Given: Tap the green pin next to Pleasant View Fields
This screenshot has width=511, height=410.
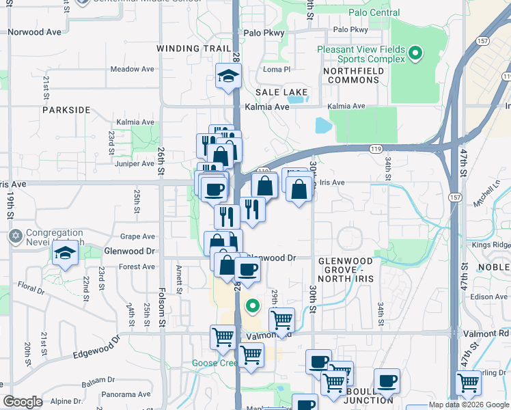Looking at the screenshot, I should (415, 53).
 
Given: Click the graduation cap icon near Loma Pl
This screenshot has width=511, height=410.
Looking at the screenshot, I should (227, 76).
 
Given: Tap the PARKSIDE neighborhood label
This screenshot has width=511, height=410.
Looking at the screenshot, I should (66, 109).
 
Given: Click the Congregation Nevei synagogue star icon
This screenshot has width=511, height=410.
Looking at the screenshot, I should (15, 237).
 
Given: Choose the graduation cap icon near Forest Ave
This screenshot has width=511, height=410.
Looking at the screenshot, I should (66, 254).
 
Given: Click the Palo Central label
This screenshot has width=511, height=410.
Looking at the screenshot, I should (374, 12).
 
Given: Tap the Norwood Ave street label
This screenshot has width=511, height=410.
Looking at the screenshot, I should (35, 31).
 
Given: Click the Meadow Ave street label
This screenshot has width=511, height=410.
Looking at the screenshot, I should (133, 69).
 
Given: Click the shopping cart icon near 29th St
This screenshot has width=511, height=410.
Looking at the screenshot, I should (281, 318).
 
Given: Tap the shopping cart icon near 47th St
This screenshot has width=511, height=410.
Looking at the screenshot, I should (468, 383).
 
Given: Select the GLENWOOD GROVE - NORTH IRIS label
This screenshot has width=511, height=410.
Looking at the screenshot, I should (346, 266).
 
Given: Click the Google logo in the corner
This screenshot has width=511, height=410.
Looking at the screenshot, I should (23, 402).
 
